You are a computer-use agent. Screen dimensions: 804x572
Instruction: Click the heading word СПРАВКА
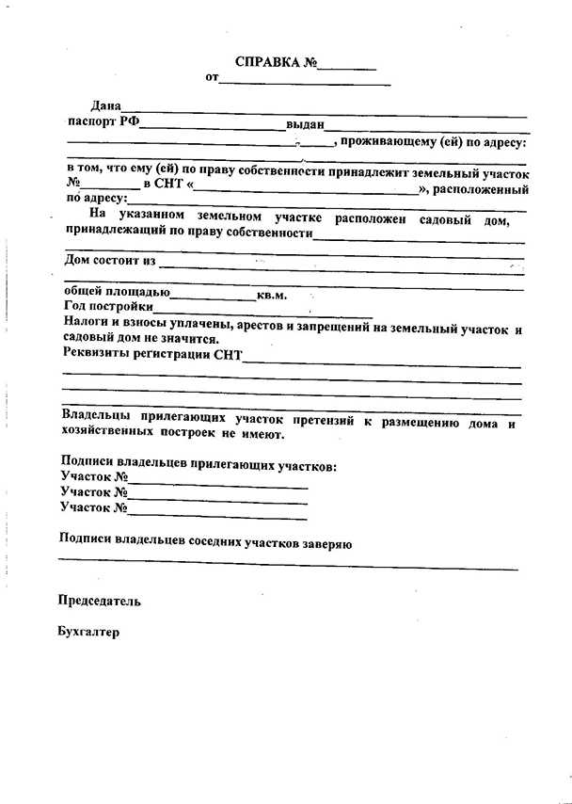click(267, 63)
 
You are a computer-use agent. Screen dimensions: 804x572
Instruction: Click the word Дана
click(106, 106)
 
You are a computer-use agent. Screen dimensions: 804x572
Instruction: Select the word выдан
click(305, 123)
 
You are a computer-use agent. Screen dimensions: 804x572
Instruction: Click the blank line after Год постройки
click(263, 310)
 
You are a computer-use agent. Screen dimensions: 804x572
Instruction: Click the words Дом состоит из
click(108, 259)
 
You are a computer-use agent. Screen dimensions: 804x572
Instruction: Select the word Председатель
click(100, 600)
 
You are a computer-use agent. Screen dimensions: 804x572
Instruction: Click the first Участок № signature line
click(218, 483)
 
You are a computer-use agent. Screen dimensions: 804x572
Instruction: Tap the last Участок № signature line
click(218, 513)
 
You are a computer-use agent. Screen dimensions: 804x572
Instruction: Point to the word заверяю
click(326, 544)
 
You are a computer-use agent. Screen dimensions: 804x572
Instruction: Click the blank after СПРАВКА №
click(347, 67)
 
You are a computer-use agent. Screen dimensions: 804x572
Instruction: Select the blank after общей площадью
click(213, 296)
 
